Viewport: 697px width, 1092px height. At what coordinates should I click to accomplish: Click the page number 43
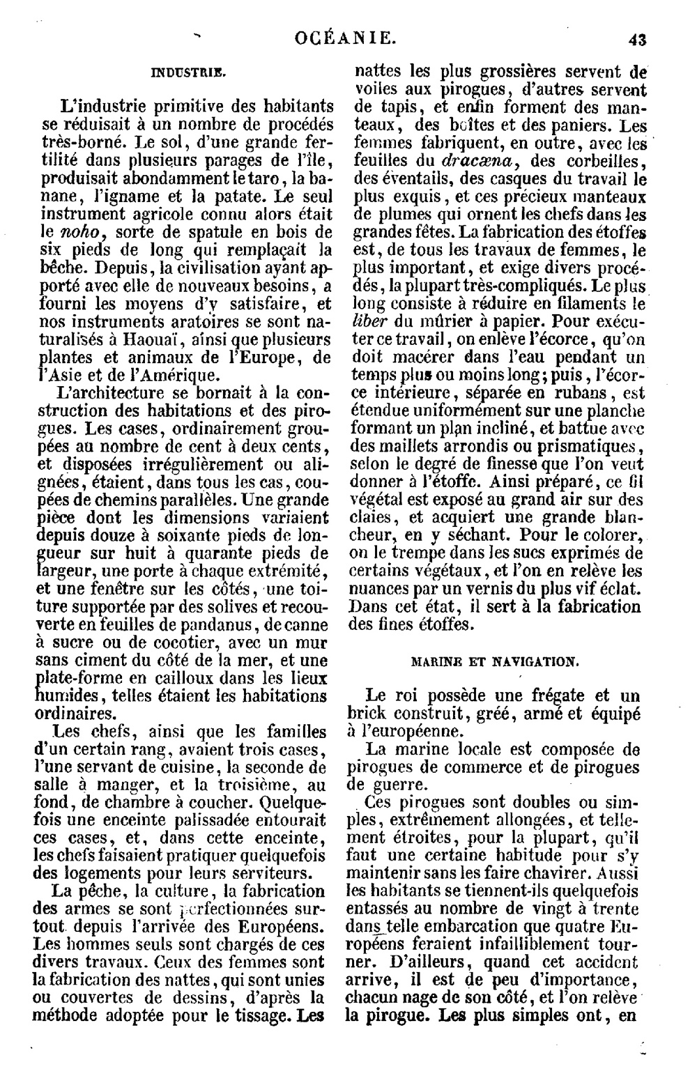tap(636, 40)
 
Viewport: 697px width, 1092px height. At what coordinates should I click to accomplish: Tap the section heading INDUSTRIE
tap(188, 71)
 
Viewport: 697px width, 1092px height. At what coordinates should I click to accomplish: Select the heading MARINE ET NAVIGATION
tap(493, 661)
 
